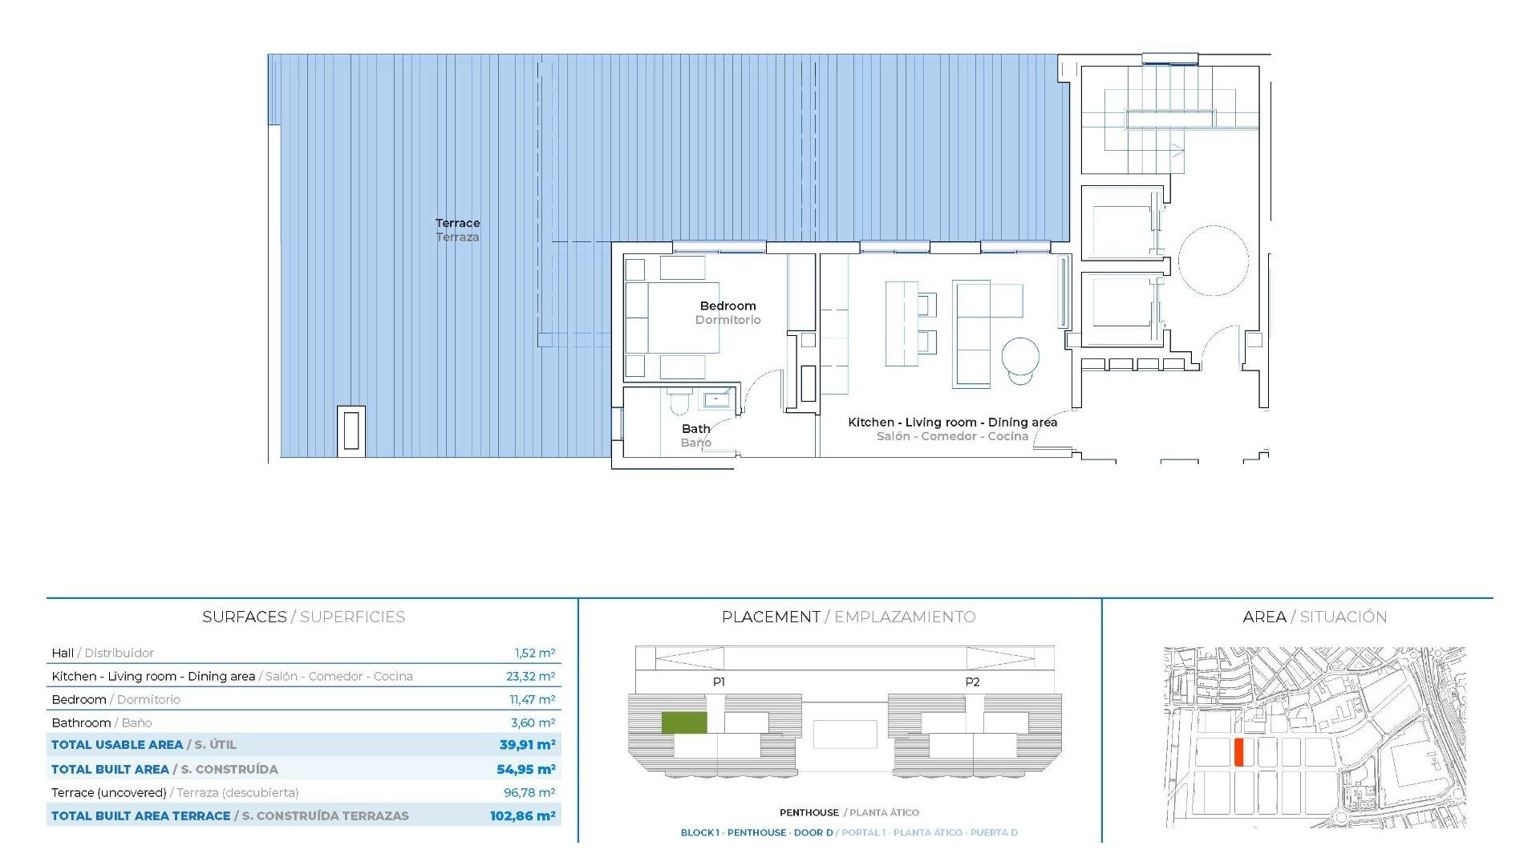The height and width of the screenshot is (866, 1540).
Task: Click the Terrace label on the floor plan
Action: tap(457, 224)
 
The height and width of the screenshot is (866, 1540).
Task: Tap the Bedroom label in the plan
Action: tap(727, 306)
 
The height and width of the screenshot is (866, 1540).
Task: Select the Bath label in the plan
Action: tap(695, 429)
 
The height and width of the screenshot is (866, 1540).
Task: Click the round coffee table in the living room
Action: tap(1020, 356)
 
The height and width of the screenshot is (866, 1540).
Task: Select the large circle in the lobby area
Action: tap(1213, 261)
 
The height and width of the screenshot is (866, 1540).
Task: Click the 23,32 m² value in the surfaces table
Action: tap(530, 677)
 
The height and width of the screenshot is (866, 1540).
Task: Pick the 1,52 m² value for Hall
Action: tap(534, 654)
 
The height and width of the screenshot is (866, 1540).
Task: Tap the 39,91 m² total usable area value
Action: tap(527, 745)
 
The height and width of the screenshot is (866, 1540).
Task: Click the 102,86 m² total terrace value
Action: tap(522, 816)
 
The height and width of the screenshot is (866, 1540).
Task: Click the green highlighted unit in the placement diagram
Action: tap(683, 722)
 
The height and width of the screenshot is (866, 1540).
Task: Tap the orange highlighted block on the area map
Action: tap(1238, 753)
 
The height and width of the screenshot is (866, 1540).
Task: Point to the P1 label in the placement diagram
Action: tap(719, 682)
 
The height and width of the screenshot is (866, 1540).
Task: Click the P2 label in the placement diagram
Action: tap(972, 682)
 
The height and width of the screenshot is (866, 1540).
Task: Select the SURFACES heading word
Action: tap(244, 617)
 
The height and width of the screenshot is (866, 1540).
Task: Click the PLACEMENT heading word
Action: tap(770, 617)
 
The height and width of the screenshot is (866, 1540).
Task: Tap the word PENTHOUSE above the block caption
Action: tap(808, 813)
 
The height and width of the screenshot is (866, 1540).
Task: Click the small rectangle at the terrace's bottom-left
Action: tap(351, 431)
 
